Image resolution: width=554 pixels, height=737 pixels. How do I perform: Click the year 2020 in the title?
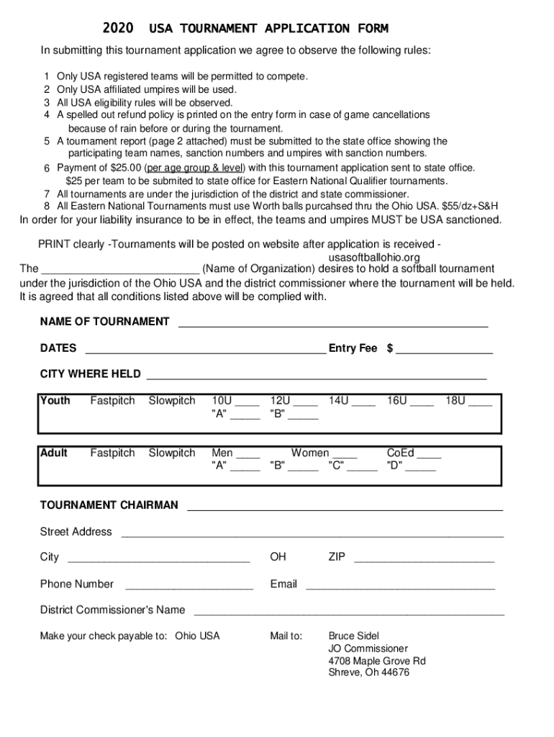118,29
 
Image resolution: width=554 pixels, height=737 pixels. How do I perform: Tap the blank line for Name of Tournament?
332,324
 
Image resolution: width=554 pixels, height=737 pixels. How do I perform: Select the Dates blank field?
206,351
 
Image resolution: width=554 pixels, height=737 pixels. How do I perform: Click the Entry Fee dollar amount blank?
444,351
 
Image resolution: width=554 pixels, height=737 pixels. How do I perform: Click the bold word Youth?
55,401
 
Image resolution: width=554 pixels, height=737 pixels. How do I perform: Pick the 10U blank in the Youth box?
248,403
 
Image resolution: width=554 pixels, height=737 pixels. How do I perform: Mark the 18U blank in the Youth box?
480,403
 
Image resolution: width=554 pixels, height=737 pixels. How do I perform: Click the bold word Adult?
55,453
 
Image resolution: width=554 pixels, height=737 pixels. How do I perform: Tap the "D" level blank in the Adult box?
422,468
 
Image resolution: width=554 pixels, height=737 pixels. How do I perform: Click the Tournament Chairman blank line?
345,507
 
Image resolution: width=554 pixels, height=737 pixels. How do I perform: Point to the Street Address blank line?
312,534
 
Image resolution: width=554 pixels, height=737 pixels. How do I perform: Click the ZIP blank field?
424,559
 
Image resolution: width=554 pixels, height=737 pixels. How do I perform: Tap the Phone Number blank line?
189,587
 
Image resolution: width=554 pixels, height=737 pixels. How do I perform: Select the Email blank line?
400,587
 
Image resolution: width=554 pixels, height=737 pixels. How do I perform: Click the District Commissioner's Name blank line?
350,612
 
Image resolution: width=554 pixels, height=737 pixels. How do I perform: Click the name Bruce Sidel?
353,636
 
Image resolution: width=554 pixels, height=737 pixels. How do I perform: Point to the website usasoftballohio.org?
373,258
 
